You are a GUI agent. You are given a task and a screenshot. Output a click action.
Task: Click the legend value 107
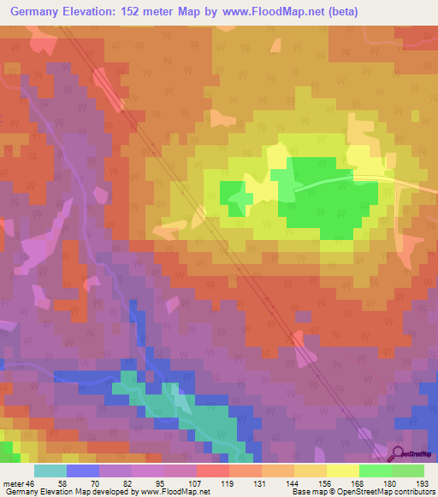pyautogui.click(x=181, y=482)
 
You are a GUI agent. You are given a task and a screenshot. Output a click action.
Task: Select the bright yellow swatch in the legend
pyautogui.click(x=342, y=471)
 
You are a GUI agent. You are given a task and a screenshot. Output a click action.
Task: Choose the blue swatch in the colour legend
pyautogui.click(x=82, y=471)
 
